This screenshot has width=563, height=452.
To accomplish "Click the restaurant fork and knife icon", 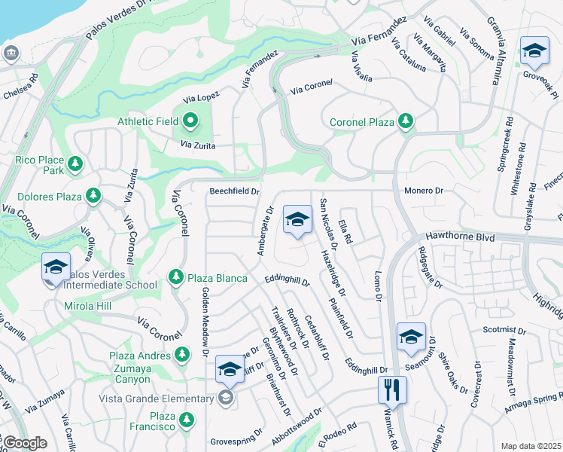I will click(x=392, y=389).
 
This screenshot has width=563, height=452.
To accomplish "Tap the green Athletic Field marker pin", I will click(x=190, y=121).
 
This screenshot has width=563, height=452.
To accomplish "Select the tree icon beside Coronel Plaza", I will click(x=406, y=121).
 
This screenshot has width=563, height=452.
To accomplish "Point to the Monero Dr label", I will click(x=423, y=191).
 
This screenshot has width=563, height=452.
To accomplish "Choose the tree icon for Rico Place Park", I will click(x=75, y=164).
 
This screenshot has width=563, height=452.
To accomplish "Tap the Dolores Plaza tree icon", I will click(x=93, y=197).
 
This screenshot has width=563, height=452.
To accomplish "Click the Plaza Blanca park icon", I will click(x=176, y=278).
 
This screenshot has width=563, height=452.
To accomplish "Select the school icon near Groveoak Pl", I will click(x=534, y=50).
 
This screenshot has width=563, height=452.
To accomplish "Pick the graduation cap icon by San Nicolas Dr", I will click(x=297, y=220).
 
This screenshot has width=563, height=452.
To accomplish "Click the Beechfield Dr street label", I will click(x=234, y=191).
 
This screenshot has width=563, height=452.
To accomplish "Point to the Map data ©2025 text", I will click(x=530, y=446).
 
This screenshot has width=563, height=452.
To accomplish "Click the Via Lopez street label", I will click(x=201, y=99).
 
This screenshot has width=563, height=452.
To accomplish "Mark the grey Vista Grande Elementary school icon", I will click(x=226, y=399).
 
